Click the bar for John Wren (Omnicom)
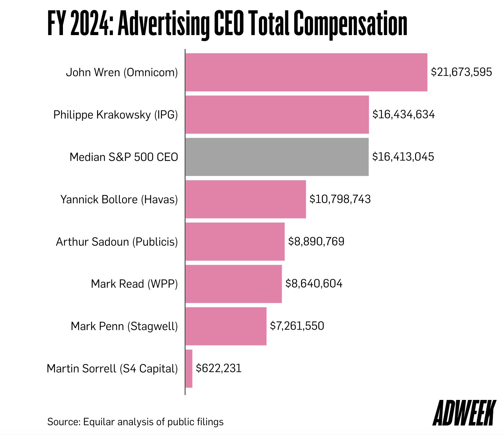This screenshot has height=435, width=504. [306, 72]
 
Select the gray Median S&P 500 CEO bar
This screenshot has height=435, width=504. [277, 157]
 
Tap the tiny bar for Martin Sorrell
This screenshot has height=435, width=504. [189, 369]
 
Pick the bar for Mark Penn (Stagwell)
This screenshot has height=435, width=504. [226, 326]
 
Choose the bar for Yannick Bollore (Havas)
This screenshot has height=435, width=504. [245, 199]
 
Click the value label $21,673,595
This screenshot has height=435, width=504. [461, 72]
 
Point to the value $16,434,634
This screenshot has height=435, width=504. [403, 114]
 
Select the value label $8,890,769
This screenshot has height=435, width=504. [316, 242]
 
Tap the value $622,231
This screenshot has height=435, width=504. [218, 368]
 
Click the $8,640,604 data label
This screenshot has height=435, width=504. [314, 284]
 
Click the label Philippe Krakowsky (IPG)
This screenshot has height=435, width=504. [115, 115]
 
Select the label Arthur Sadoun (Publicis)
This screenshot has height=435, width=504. [117, 242]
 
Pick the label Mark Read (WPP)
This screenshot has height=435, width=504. [134, 284]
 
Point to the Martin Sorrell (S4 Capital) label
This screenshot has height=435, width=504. [112, 369]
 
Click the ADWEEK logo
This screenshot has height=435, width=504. [464, 413]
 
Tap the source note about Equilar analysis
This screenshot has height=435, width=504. [135, 422]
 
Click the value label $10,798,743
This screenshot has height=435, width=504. [340, 199]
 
